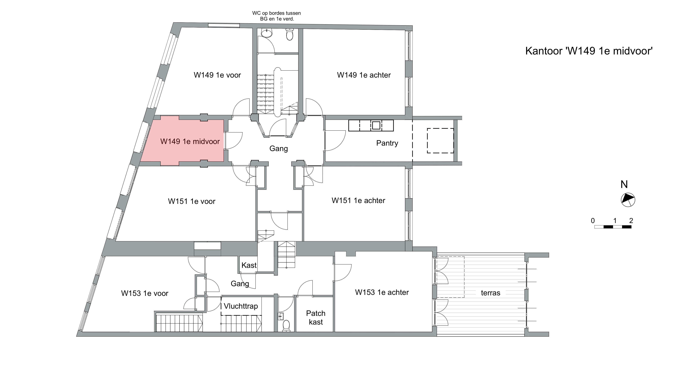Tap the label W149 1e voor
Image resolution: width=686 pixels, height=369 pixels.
217,75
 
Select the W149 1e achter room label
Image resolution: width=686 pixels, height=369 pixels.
364,75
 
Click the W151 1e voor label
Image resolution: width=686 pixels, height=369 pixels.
192,201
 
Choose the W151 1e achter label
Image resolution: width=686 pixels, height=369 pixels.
358,201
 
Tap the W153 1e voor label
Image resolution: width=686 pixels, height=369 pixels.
145,293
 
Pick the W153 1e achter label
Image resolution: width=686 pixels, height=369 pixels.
382,293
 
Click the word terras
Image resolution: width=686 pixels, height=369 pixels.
491,293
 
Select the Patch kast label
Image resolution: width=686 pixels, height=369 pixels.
316,318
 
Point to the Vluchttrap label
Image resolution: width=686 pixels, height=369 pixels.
241,306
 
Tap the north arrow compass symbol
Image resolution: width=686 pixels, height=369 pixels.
628,200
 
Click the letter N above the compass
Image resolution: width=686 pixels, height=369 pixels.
624,184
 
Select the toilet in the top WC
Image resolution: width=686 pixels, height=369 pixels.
290,34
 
